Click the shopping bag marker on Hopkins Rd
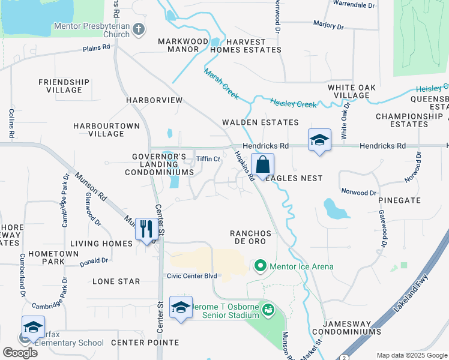[x=262, y=165]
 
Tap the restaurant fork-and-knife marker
[x=146, y=229]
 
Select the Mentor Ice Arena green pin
[x=260, y=265]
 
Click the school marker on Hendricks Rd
[x=319, y=141]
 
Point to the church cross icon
[x=139, y=29]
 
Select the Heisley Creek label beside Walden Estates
[x=293, y=104]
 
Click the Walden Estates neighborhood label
[x=260, y=122]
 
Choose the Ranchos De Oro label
[x=251, y=236]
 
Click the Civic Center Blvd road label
[x=191, y=276]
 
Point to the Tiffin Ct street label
[x=209, y=159]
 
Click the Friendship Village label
[x=64, y=86]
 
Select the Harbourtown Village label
[x=106, y=130]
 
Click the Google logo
[x=20, y=352]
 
